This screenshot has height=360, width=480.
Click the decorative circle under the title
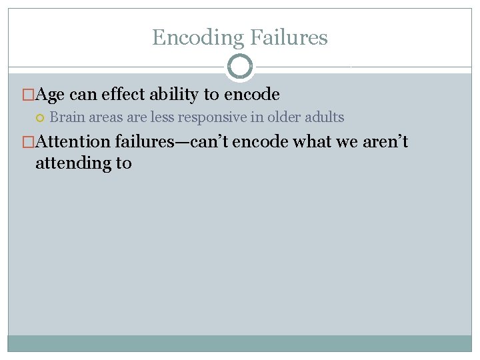click(x=240, y=67)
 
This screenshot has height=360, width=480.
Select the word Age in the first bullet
click(x=50, y=95)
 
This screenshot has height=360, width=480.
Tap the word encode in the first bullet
click(x=253, y=95)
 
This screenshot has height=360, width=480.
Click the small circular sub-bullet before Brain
click(x=40, y=118)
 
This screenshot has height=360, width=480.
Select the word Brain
click(x=67, y=118)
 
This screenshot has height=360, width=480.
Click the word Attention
click(x=73, y=141)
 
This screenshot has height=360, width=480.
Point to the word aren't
click(x=385, y=141)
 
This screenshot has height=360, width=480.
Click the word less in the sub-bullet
click(x=160, y=118)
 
